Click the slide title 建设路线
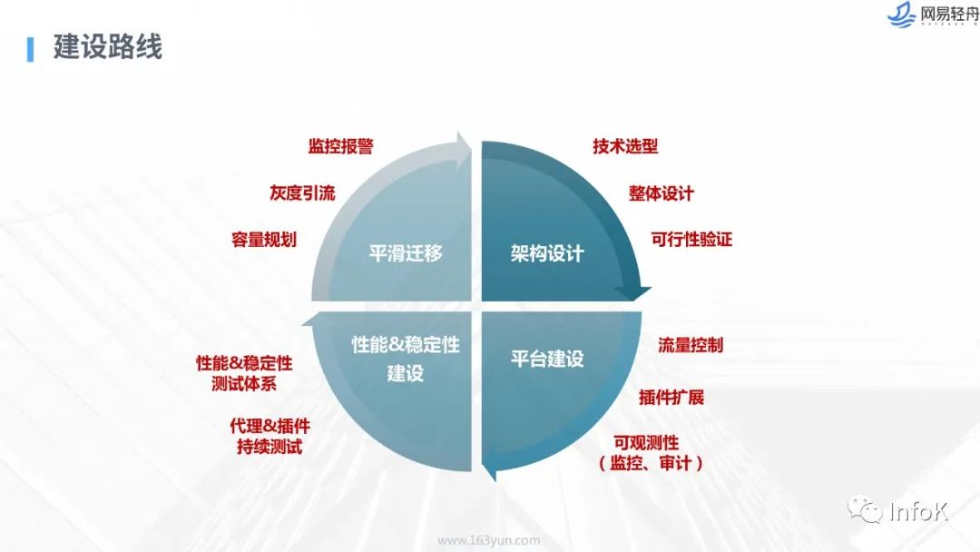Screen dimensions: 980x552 pos(108,47)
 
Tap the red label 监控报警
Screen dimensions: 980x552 pos(340,146)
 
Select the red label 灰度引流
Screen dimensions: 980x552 pos(302,192)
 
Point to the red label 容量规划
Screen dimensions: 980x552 pos(264,240)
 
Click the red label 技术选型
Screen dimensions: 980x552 pos(625,146)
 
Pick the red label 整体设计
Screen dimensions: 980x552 pos(661,193)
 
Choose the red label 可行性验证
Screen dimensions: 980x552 pos(691,240)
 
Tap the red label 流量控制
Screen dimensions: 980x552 pos(691,345)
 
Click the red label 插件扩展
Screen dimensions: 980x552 pos(671,398)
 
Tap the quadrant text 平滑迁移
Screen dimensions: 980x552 pos(406,253)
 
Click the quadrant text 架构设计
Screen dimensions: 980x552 pos(547,253)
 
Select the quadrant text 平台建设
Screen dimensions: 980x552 pos(547,359)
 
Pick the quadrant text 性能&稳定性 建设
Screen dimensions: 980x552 pos(406,359)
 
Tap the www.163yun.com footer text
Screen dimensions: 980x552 pos(489,540)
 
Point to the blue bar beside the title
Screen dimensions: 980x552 pos(31,48)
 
